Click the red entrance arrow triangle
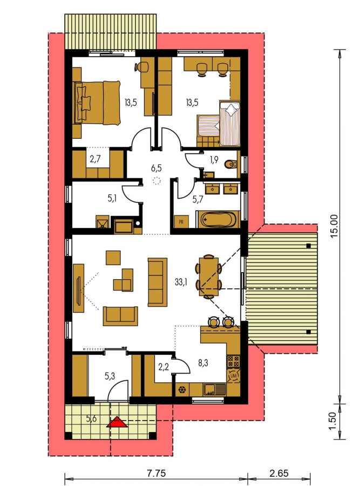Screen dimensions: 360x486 tap(117, 422)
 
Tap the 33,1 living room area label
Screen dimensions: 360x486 tap(181, 282)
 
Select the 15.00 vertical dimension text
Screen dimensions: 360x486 tap(334, 226)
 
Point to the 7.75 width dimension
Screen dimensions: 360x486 tap(157, 474)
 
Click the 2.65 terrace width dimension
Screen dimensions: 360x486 tap(279, 474)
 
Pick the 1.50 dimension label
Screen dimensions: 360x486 tap(332, 421)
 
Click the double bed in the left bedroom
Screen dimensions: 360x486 tap(97, 103)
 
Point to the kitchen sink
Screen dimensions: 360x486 tap(215, 389)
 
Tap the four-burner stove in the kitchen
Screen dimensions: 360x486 tap(234, 361)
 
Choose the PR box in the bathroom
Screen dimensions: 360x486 tap(181, 221)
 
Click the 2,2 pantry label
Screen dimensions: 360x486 tap(164, 367)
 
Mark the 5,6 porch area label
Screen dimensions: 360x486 tap(91, 418)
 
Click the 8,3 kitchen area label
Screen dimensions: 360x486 tap(203, 363)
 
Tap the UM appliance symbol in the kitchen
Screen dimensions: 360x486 tap(234, 376)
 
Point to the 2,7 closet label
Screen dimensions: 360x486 tap(95, 159)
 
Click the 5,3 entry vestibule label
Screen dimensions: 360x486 tap(110, 376)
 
